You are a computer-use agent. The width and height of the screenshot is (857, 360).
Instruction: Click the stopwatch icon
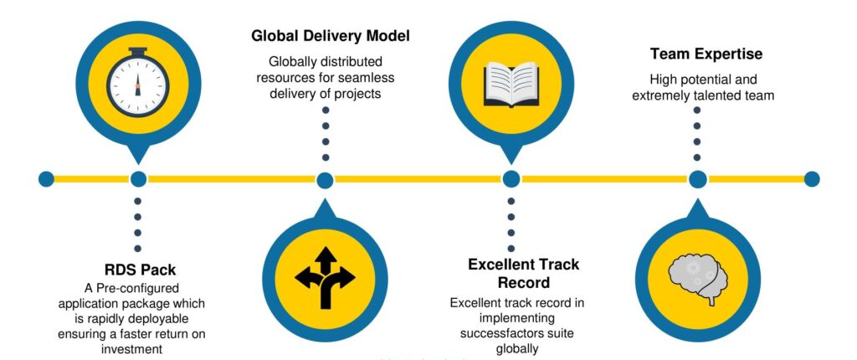[138, 83]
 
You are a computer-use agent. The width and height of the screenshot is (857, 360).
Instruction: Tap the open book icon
[511, 83]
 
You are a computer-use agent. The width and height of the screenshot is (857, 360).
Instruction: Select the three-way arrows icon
[326, 277]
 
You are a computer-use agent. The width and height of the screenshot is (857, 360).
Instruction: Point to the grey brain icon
[698, 280]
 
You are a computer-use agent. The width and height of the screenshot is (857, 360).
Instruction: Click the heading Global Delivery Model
[330, 36]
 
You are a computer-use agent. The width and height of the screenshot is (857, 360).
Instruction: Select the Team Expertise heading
[706, 54]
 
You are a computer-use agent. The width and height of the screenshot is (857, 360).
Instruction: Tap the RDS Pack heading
[141, 270]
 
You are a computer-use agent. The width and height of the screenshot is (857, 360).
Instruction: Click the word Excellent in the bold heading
[499, 265]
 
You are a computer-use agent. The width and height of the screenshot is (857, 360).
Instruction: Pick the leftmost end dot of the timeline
[47, 179]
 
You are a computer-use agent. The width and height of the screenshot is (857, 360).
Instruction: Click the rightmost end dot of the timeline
[812, 179]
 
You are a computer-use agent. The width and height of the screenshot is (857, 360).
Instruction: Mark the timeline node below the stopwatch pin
[138, 179]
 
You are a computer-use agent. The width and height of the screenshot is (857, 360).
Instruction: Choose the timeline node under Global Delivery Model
[326, 180]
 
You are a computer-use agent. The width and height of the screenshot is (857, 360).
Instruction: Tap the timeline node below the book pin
[511, 179]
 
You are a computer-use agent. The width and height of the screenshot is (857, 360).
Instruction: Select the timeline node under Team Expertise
[697, 179]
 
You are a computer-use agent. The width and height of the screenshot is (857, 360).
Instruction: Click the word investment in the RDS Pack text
[131, 349]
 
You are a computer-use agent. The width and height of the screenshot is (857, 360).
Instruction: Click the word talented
[717, 95]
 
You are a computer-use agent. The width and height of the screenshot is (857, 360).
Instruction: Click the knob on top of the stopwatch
[138, 51]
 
